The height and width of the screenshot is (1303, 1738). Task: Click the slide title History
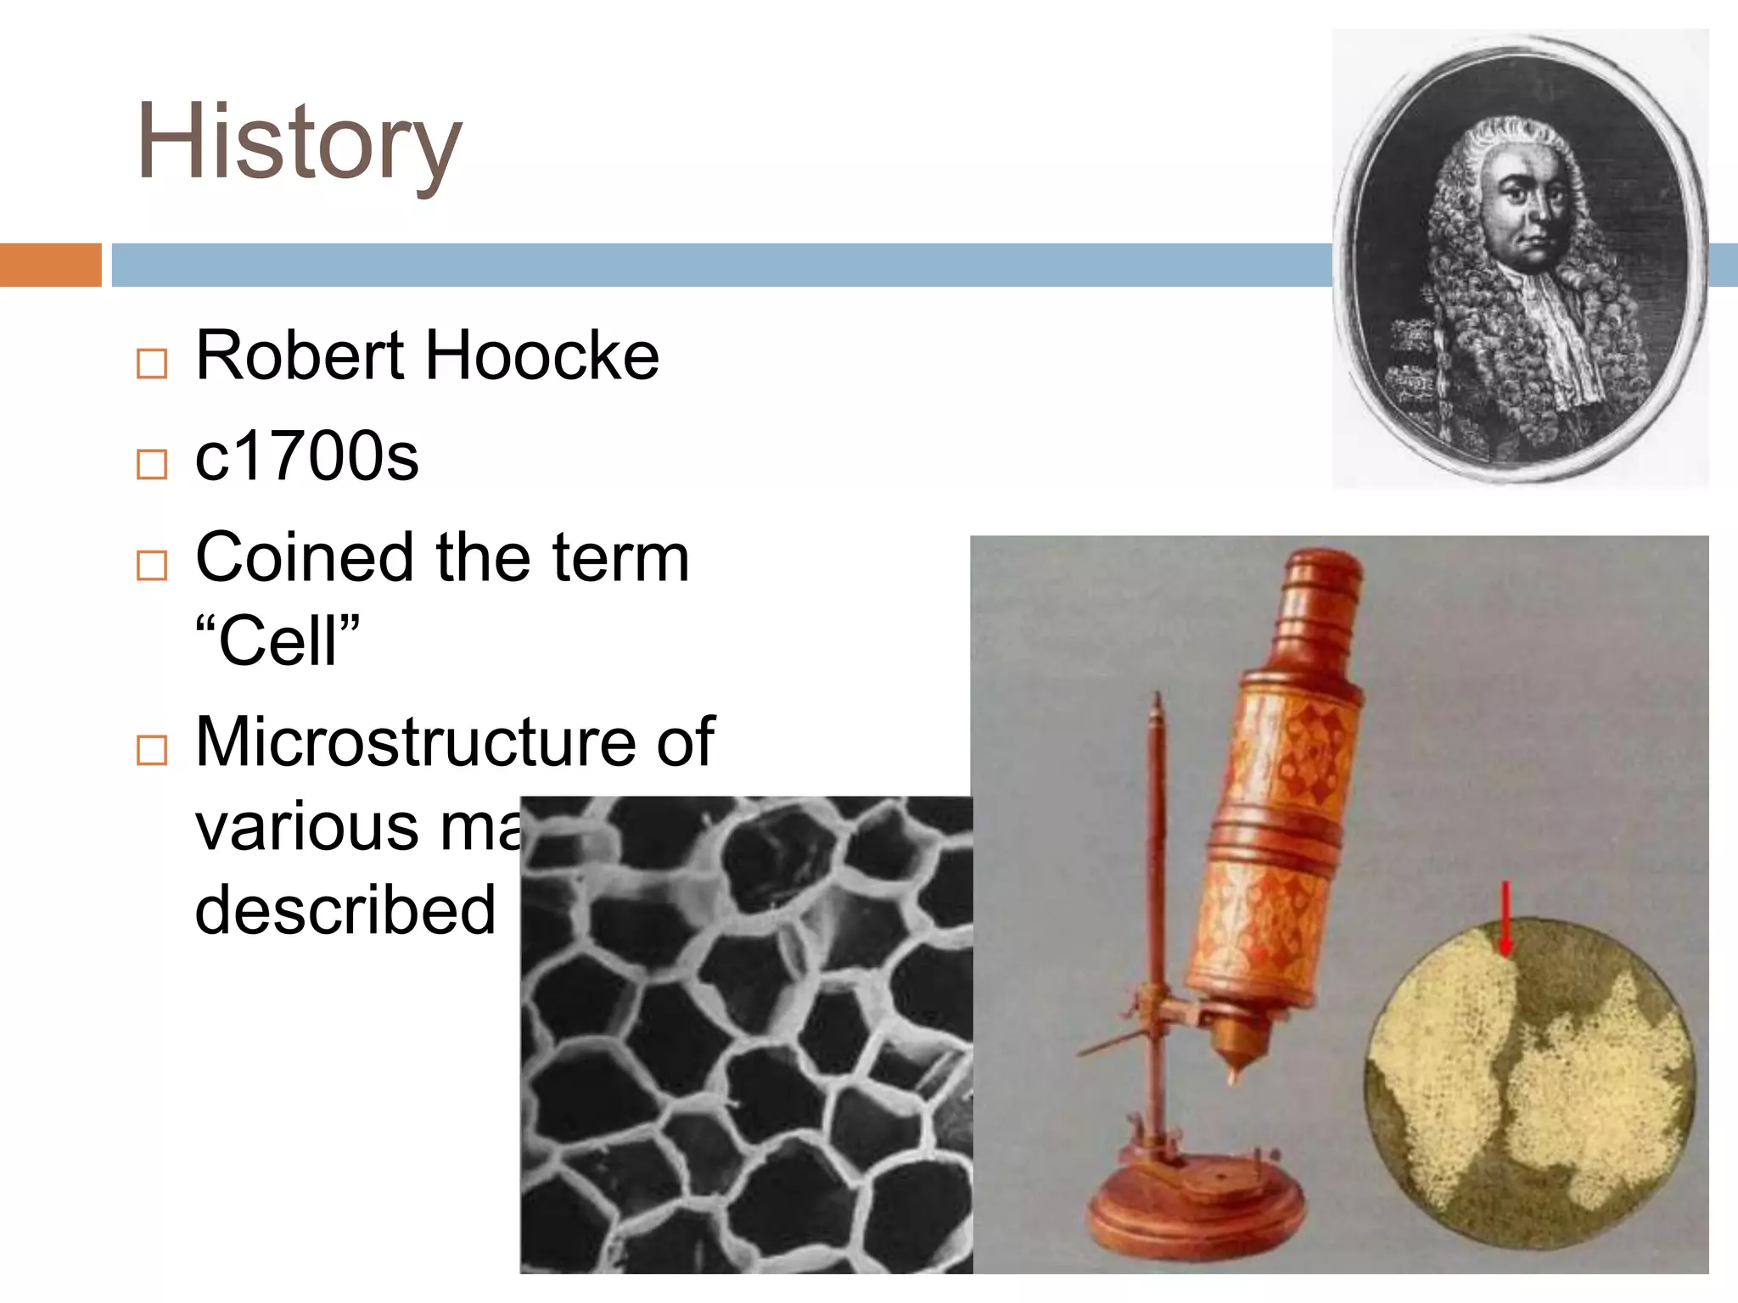pyautogui.click(x=299, y=143)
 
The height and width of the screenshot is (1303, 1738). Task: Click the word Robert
pyautogui.click(x=300, y=355)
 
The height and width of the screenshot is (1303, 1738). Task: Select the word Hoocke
pyautogui.click(x=542, y=355)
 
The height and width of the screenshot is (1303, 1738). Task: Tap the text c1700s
pyautogui.click(x=306, y=456)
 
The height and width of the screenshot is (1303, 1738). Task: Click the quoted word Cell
pyautogui.click(x=278, y=640)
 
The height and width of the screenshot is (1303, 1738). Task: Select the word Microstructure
pyautogui.click(x=413, y=742)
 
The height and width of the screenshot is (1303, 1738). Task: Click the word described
pyautogui.click(x=345, y=910)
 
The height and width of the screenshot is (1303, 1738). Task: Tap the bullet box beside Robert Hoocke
pyautogui.click(x=152, y=363)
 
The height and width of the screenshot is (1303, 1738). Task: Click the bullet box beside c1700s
pyautogui.click(x=152, y=464)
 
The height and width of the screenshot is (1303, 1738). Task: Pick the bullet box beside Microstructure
pyautogui.click(x=152, y=750)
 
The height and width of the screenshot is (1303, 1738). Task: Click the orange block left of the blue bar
pyautogui.click(x=50, y=265)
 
